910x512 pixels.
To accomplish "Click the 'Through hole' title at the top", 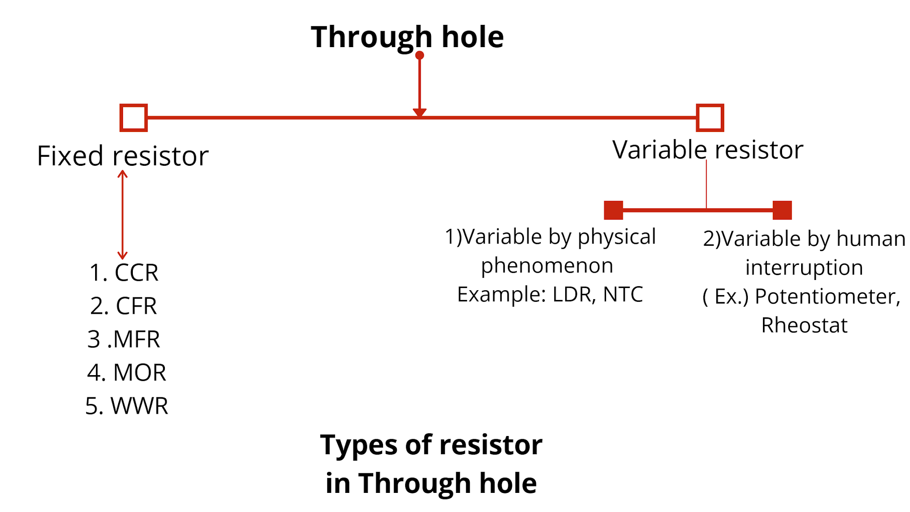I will pyautogui.click(x=407, y=37).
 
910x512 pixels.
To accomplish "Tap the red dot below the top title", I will pyautogui.click(x=419, y=56).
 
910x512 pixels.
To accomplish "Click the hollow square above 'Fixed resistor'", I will pyautogui.click(x=133, y=118).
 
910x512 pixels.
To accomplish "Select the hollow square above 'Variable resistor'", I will pyautogui.click(x=710, y=118).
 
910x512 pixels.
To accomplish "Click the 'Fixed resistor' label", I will pyautogui.click(x=123, y=156).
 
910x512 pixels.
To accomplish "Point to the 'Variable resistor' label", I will pyautogui.click(x=708, y=150).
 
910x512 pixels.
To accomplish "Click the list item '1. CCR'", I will pyautogui.click(x=124, y=272).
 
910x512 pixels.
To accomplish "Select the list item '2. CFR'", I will pyautogui.click(x=124, y=306).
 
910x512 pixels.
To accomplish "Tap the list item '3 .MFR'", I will pyautogui.click(x=124, y=339).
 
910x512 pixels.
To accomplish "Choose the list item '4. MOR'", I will pyautogui.click(x=127, y=372).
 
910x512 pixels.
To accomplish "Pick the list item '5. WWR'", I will pyautogui.click(x=127, y=406).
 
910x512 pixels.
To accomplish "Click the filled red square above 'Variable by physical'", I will pyautogui.click(x=613, y=210).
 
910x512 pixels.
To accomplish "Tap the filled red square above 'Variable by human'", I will pyautogui.click(x=782, y=210).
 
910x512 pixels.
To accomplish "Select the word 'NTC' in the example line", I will pyautogui.click(x=623, y=294).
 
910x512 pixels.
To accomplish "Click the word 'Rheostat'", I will pyautogui.click(x=804, y=325).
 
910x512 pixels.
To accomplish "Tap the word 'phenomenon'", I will pyautogui.click(x=547, y=266).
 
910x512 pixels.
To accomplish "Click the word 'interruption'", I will pyautogui.click(x=804, y=268).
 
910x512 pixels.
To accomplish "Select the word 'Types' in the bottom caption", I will pyautogui.click(x=354, y=445).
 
